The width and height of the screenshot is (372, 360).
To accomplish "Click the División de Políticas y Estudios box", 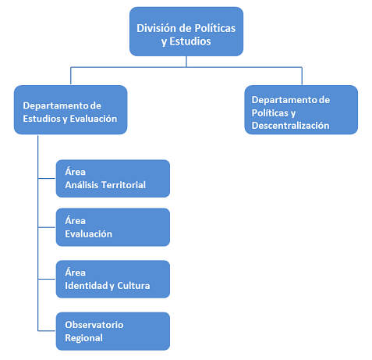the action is pyautogui.click(x=186, y=31).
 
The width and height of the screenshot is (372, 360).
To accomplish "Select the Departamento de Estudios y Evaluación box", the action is pyautogui.click(x=70, y=110).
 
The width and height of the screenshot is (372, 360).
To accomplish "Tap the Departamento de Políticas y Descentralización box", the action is pyautogui.click(x=301, y=110).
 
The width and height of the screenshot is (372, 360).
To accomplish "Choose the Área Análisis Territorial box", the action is pyautogui.click(x=113, y=179).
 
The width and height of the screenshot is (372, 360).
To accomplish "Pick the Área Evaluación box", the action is pyautogui.click(x=113, y=227).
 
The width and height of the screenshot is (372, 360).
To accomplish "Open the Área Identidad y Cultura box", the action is pyautogui.click(x=113, y=279).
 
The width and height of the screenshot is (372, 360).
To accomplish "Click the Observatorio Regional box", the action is pyautogui.click(x=113, y=331).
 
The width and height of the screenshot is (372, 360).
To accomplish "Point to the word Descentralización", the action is pyautogui.click(x=290, y=126).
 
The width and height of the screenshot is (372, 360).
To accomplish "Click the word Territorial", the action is pyautogui.click(x=123, y=185).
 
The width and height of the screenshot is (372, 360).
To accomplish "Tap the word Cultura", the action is pyautogui.click(x=133, y=286).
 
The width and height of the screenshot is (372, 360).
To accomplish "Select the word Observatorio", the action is pyautogui.click(x=94, y=325).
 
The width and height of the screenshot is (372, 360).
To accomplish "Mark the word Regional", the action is pyautogui.click(x=83, y=338).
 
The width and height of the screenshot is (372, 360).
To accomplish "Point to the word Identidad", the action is pyautogui.click(x=87, y=286).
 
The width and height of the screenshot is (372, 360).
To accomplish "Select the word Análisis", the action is pyautogui.click(x=82, y=185).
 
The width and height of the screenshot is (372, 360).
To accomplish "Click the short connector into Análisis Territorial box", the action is pyautogui.click(x=47, y=179).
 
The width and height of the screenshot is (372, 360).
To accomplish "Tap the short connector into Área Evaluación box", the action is pyautogui.click(x=47, y=227).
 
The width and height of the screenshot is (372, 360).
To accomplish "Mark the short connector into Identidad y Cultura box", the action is pyautogui.click(x=47, y=279).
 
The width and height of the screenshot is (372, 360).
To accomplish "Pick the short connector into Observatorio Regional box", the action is pyautogui.click(x=47, y=331).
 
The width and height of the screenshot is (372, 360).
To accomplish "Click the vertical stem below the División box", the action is pyautogui.click(x=186, y=62).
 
